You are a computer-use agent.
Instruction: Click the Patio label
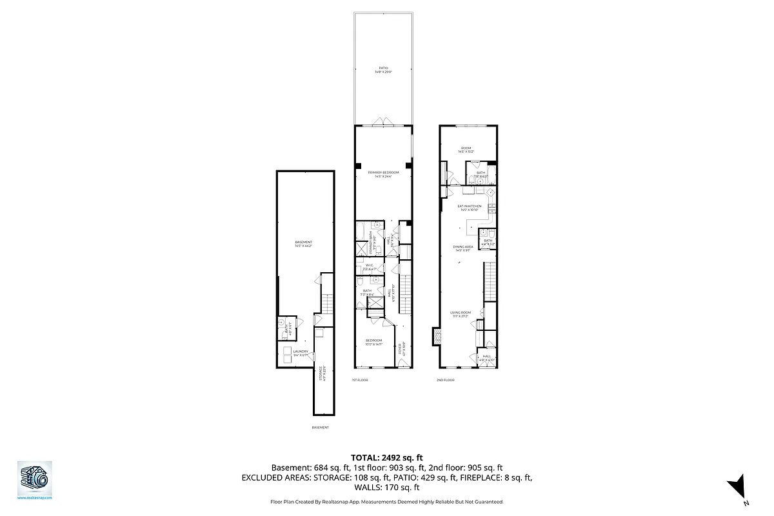(384, 67)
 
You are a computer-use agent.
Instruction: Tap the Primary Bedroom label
(384, 173)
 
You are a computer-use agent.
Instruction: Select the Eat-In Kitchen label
(470, 206)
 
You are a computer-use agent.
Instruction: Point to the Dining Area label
(463, 246)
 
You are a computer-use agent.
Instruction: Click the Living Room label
(461, 313)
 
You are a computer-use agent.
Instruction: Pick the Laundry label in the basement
(301, 352)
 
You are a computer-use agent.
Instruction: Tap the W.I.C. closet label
(370, 265)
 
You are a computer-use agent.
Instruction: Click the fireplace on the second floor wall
(437, 336)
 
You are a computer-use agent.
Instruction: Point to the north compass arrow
(738, 487)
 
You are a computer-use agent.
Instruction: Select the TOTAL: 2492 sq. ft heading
(387, 457)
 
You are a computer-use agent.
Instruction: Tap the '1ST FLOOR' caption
(360, 381)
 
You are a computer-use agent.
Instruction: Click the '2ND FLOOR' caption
(445, 381)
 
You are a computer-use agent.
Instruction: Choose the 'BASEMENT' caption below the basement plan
(320, 428)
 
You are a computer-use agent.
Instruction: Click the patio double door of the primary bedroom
(384, 123)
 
